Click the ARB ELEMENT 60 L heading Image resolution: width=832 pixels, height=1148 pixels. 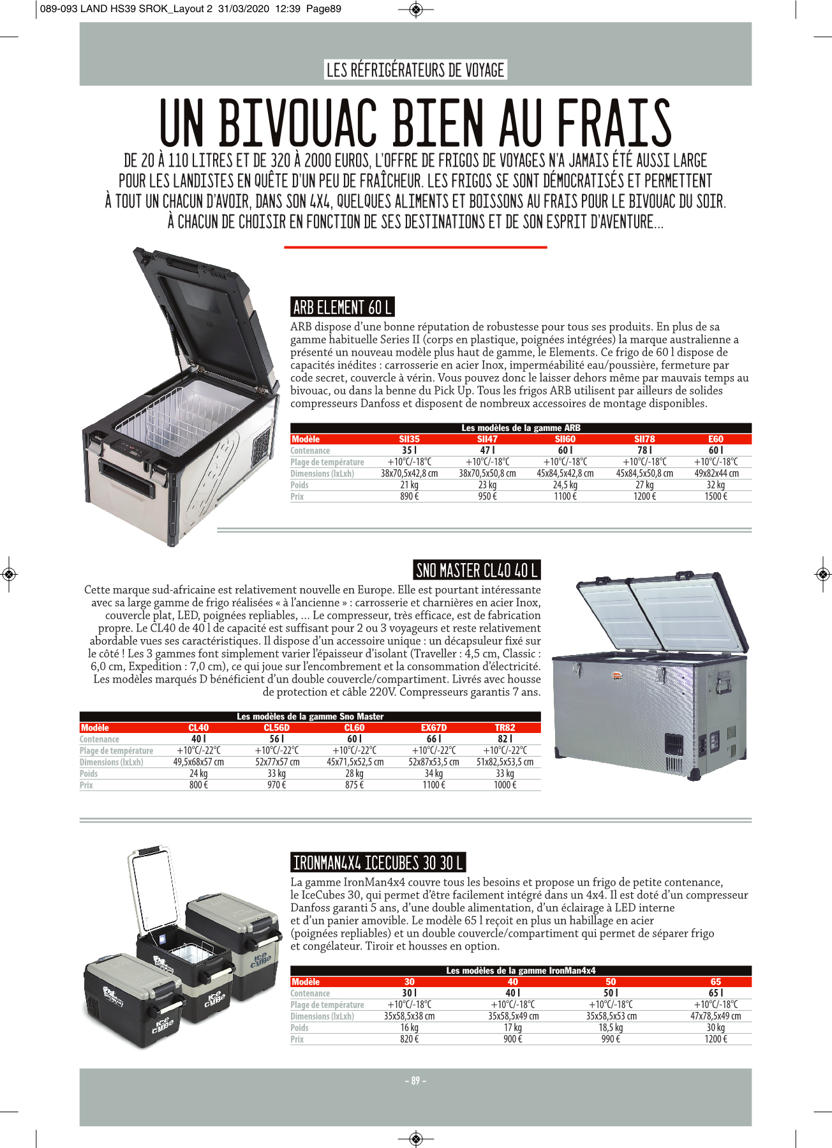coord(342,308)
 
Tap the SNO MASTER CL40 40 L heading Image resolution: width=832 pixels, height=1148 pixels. coord(477,570)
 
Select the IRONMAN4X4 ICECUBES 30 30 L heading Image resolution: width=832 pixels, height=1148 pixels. coord(378,863)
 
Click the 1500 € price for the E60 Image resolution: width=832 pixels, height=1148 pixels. coord(715,497)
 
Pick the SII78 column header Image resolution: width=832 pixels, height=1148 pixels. coord(644,439)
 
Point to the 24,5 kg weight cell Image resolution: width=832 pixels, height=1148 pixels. coord(565,485)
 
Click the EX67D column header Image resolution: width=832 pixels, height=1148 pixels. coord(434,728)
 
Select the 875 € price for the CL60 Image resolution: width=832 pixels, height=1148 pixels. coord(354,785)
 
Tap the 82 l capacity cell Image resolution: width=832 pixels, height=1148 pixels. coord(505,739)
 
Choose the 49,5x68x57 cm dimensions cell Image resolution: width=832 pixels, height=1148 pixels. coord(198,762)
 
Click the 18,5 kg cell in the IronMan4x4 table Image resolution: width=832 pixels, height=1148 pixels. coord(611,1028)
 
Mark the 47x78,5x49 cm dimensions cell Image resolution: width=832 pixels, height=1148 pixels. coord(715,1016)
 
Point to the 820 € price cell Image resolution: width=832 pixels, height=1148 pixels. coord(409,1039)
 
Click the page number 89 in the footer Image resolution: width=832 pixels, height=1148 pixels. coord(415,1081)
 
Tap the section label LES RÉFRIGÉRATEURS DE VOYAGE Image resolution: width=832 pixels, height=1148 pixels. coord(415,70)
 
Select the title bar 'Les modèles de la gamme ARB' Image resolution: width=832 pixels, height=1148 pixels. coord(521,428)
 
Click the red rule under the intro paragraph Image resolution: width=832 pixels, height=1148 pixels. coord(415,247)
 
